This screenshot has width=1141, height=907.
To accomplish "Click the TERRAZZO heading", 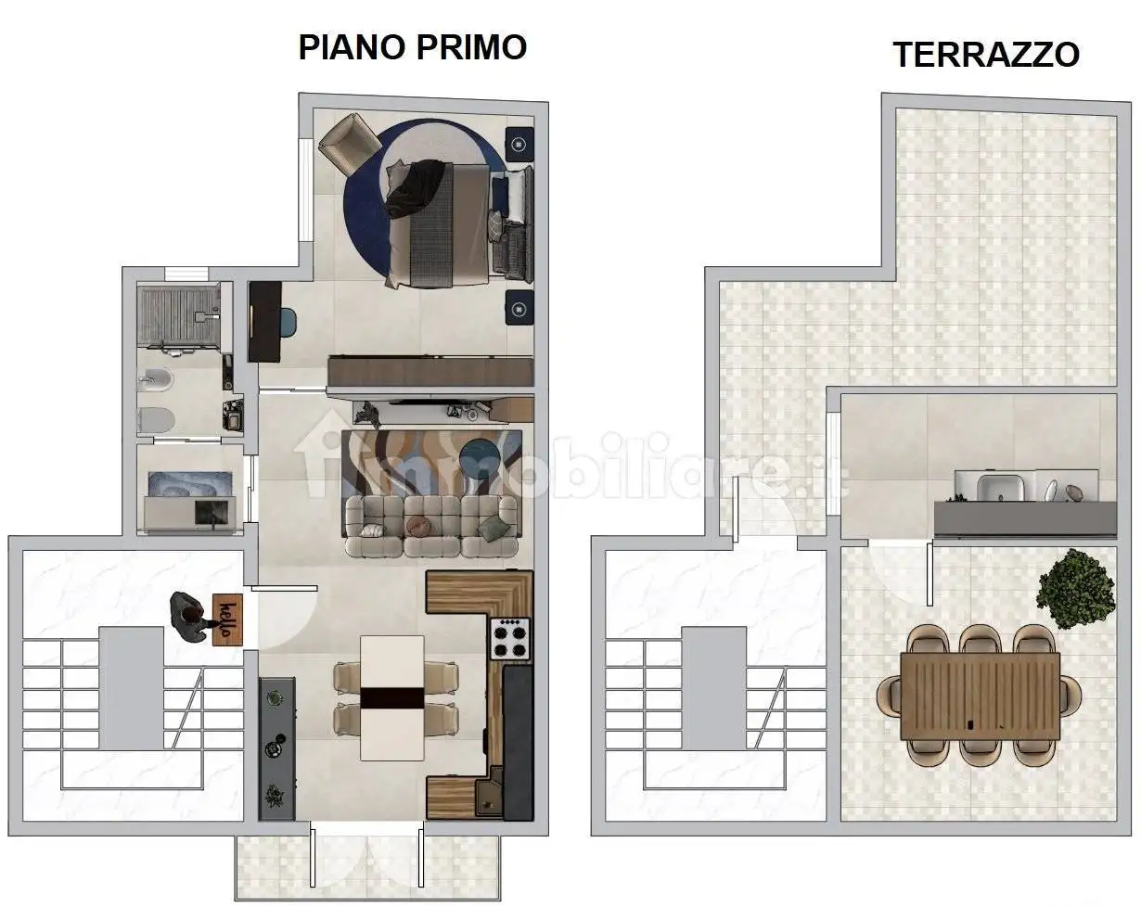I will [985, 55].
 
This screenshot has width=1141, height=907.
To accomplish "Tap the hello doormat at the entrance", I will [227, 619].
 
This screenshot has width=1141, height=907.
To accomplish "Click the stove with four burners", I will [509, 639].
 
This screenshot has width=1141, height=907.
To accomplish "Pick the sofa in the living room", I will [430, 526].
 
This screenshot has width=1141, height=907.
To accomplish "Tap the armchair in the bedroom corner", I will [347, 142].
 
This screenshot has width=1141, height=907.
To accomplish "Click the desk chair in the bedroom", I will [288, 321].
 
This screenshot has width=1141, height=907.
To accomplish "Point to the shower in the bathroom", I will [179, 315].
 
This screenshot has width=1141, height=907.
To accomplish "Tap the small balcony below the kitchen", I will [367, 867].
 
